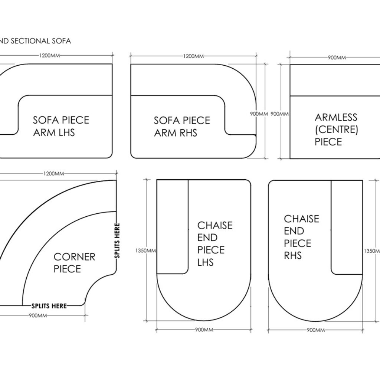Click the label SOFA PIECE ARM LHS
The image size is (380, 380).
click(61, 126)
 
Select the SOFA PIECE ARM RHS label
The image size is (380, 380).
click(182, 126)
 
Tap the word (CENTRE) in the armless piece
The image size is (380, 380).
click(336, 130)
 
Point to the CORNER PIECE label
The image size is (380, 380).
click(75, 262)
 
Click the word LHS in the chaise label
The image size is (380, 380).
click(206, 262)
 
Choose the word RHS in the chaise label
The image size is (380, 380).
click(293, 255)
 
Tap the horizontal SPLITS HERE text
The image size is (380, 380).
click(49, 306)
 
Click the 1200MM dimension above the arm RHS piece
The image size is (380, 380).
click(193, 56)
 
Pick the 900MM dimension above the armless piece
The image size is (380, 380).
click(337, 58)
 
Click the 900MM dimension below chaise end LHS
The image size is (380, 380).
click(204, 330)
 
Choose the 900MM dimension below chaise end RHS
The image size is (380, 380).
click(315, 330)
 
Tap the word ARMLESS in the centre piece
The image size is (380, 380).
click(336, 118)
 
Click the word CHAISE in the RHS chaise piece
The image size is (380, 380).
click(301, 219)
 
